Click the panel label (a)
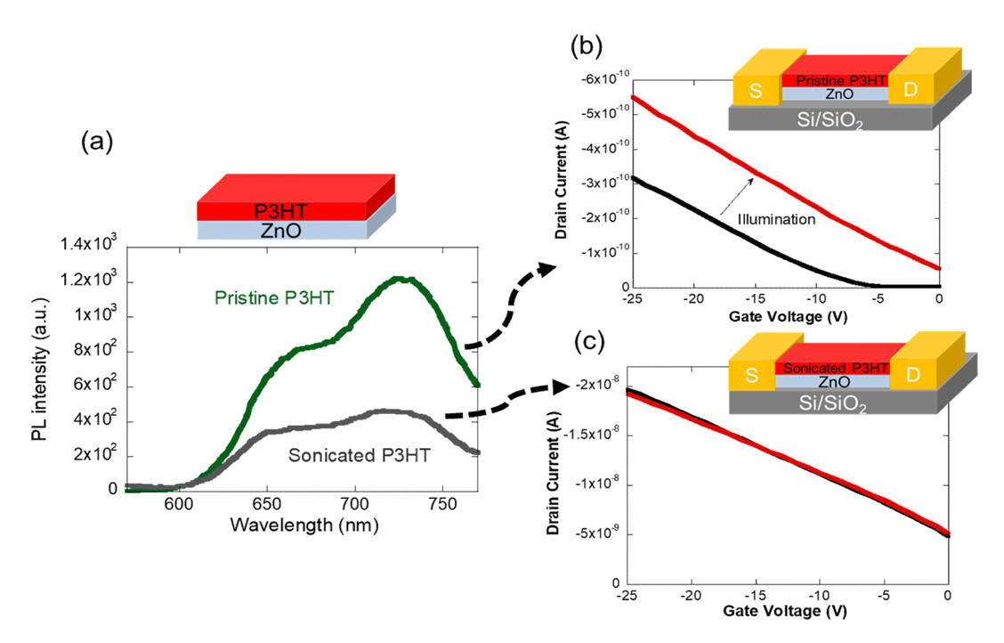(97, 141)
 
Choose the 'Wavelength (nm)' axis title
(304, 525)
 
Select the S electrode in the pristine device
(755, 89)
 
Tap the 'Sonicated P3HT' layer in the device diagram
(831, 366)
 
